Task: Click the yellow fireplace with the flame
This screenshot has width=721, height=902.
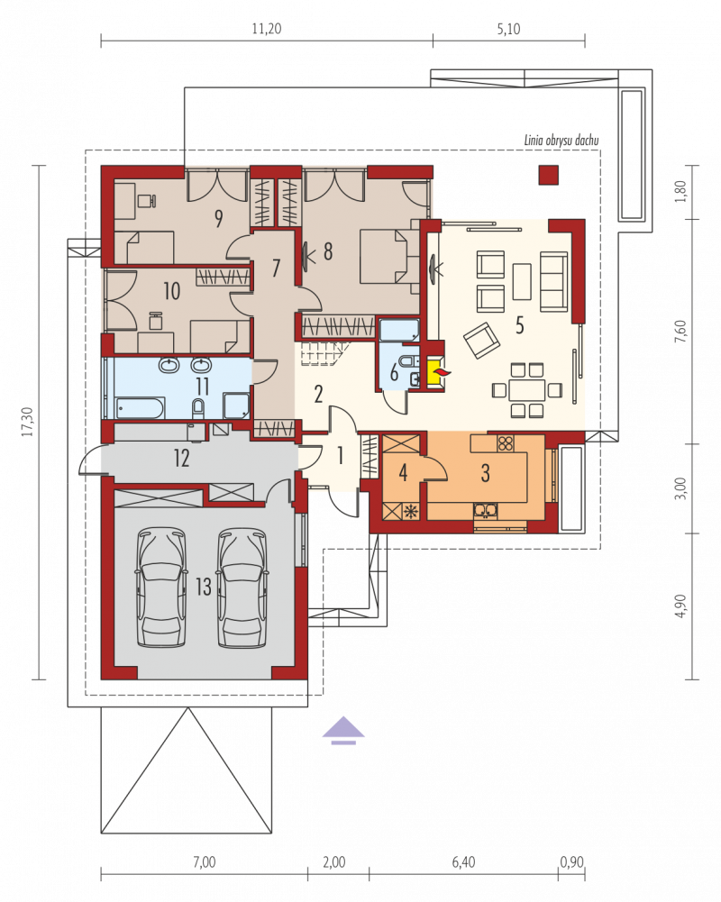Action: (435, 373)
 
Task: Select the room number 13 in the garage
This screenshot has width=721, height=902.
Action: (203, 587)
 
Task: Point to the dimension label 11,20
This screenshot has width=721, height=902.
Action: (267, 28)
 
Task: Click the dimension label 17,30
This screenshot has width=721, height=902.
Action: (27, 422)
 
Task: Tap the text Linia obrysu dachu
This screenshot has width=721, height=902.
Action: (561, 140)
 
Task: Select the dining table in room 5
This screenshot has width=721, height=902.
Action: (526, 390)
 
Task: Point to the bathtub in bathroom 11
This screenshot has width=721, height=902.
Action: (141, 407)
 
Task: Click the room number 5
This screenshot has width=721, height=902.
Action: (520, 325)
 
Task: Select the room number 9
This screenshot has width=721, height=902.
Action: (219, 218)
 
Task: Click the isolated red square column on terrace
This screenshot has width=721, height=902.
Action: (548, 175)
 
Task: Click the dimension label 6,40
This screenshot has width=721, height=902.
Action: (463, 861)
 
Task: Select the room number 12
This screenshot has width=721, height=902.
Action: (181, 458)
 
